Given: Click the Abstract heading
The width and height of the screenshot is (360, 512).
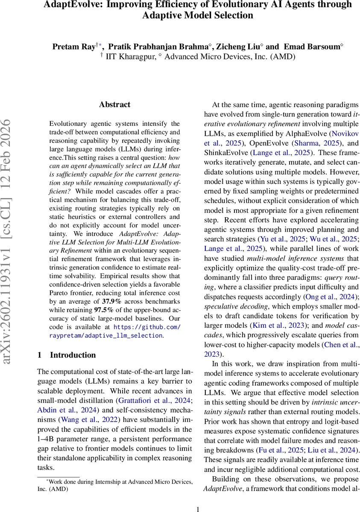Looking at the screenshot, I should (x=114, y=105).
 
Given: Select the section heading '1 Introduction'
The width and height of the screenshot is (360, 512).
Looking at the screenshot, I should (x=67, y=355).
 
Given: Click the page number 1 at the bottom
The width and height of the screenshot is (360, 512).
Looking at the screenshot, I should (x=198, y=509).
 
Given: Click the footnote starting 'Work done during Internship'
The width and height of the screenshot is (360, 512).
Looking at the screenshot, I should (x=115, y=485).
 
